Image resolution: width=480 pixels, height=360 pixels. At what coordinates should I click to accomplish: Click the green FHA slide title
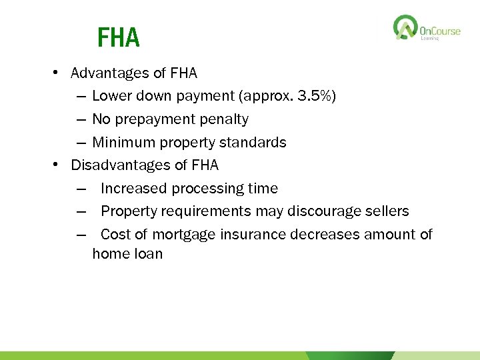click(x=118, y=38)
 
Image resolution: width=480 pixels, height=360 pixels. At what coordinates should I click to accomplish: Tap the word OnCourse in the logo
click(x=440, y=31)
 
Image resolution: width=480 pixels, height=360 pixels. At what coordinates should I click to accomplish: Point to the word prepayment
click(x=149, y=119)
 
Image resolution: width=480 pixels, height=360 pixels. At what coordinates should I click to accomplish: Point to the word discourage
click(x=323, y=211)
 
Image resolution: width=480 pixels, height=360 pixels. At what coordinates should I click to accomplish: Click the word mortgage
click(x=183, y=235)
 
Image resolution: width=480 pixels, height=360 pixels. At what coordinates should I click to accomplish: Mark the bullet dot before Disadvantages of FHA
click(x=59, y=165)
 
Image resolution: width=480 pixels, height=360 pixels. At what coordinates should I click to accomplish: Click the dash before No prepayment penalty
click(x=81, y=119)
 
